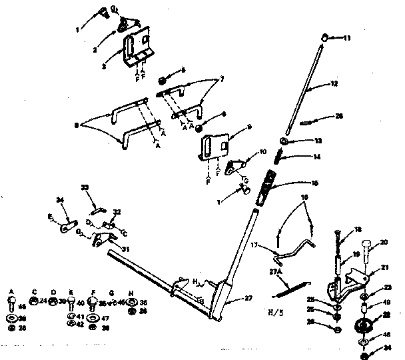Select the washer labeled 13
tap(285, 142)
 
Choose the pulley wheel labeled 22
tap(365, 327)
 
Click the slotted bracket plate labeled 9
tap(214, 146)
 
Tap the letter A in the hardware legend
tap(11, 291)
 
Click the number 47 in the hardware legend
tap(105, 319)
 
